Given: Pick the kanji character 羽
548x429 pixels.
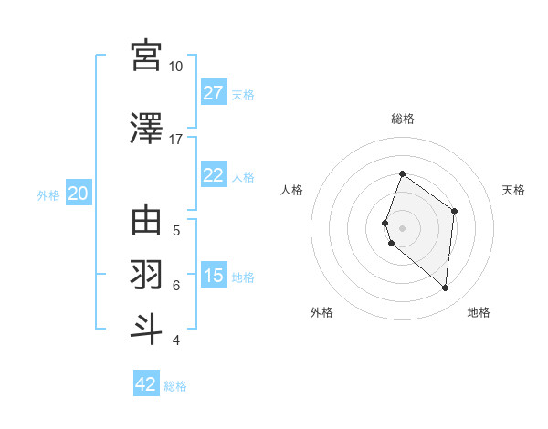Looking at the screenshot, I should tap(146, 274).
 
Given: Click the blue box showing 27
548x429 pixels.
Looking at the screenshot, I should tap(213, 93).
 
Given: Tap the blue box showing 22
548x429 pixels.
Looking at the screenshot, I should tap(213, 175).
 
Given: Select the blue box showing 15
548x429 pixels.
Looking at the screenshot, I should tap(213, 276).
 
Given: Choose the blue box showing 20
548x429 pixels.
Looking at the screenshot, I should tap(79, 194).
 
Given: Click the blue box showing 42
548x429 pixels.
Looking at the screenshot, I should tap(146, 384).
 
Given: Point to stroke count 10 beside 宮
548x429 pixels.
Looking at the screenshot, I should tap(175, 67).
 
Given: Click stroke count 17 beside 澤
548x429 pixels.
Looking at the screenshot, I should tap(175, 140).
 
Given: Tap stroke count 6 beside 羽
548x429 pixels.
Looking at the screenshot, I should tap(176, 285).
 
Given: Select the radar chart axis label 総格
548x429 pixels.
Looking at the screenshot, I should tap(403, 119).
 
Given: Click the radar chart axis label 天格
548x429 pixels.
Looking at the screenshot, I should tap(513, 190).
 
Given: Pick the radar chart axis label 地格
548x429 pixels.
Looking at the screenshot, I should tap(479, 312).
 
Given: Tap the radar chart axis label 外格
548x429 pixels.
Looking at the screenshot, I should tap(321, 312).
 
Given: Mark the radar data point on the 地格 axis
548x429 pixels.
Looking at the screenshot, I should tap(446, 288).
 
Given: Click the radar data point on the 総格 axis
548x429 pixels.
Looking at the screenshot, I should tap(402, 173).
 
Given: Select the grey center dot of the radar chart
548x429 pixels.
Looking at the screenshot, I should tap(402, 227).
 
